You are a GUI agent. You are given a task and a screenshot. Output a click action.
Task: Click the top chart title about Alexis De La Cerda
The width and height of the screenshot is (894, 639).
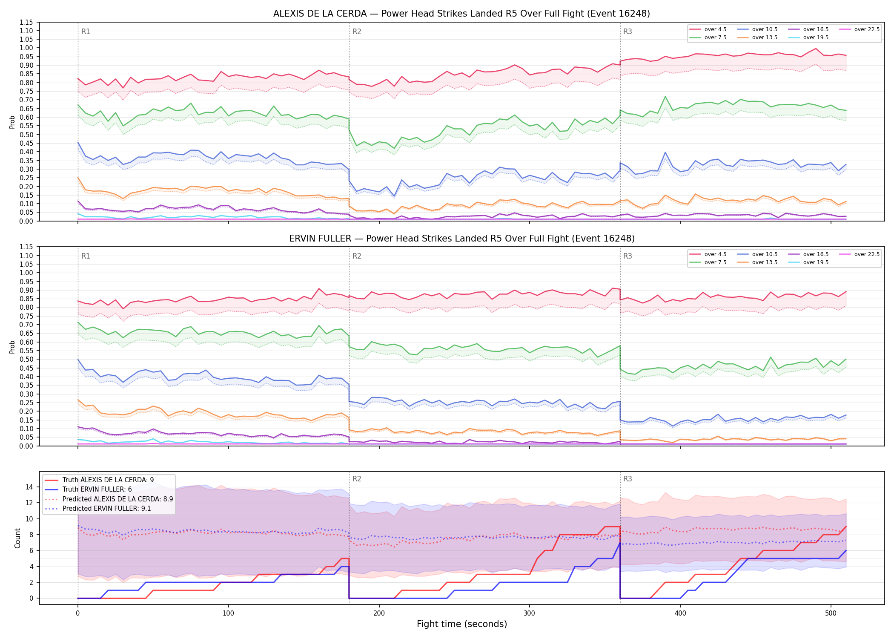tap(461, 14)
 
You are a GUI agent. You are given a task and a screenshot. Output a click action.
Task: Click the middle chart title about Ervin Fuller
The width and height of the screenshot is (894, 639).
tap(461, 239)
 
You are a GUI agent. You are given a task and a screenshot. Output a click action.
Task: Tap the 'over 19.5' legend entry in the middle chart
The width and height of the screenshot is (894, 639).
tap(808, 262)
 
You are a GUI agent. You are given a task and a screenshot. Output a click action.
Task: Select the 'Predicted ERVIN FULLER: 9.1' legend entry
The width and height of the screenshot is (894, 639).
tap(98, 509)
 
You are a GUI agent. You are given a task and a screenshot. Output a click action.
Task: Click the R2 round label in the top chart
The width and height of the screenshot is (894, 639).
tap(357, 32)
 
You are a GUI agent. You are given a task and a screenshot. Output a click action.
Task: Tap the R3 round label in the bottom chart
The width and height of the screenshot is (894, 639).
tap(628, 479)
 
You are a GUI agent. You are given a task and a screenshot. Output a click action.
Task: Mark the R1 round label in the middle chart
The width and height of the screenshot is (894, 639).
tap(86, 256)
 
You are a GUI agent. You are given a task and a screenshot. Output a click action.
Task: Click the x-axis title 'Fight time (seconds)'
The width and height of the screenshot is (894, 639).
tap(462, 624)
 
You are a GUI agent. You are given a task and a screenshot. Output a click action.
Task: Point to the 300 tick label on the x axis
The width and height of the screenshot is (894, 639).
tap(530, 613)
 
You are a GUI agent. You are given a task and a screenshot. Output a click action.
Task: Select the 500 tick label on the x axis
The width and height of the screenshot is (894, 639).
tap(831, 613)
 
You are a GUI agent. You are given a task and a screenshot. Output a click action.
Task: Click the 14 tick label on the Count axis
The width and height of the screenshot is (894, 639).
tap(30, 487)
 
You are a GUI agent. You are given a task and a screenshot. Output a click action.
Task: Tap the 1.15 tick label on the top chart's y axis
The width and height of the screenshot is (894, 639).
tap(26, 22)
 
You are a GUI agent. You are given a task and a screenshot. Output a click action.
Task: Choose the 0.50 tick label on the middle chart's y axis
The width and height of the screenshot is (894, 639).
tap(26, 360)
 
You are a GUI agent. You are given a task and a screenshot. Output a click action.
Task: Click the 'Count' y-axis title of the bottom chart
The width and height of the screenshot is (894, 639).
tap(17, 538)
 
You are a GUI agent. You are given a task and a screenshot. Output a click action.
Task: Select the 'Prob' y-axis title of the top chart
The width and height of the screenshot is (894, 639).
tap(12, 122)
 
